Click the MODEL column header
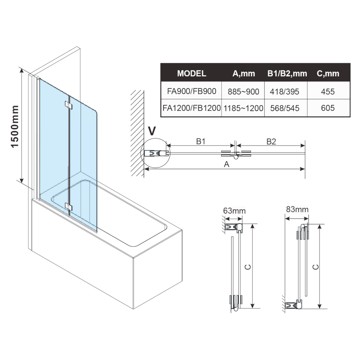click(x=192, y=73)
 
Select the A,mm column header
click(x=243, y=73)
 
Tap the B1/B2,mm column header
click(x=287, y=73)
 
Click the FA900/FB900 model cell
click(x=192, y=91)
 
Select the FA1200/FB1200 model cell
click(x=192, y=108)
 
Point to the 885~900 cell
click(x=243, y=92)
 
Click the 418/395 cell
click(x=287, y=92)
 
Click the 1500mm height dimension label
click(x=15, y=126)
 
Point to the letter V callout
click(x=151, y=131)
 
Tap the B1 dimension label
click(x=200, y=141)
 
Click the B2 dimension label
click(x=271, y=141)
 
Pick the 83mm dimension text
click(x=298, y=209)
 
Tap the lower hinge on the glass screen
click(x=69, y=206)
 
